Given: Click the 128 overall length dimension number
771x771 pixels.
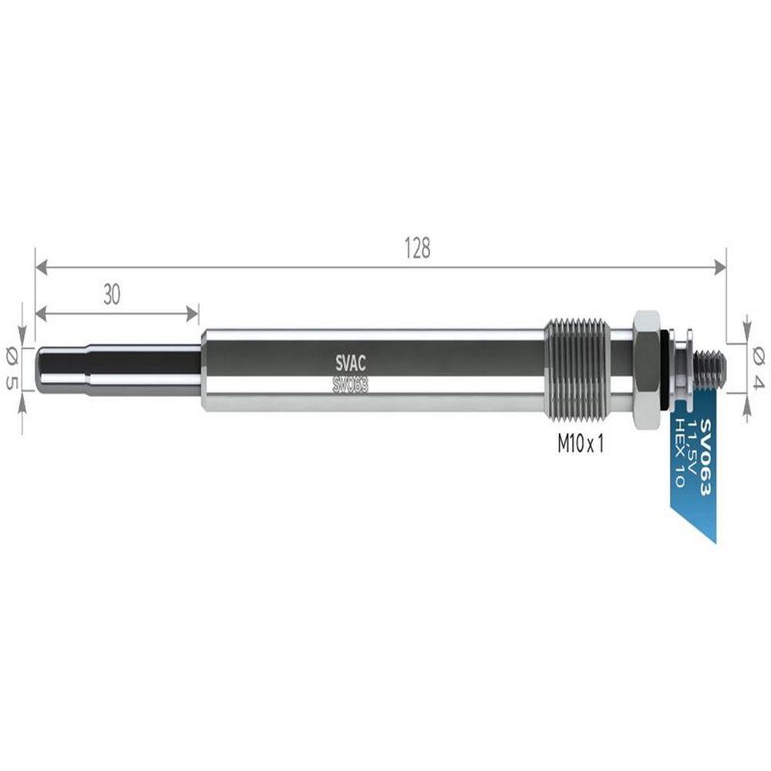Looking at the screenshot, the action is (417, 248).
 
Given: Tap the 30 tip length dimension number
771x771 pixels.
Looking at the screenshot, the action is (112, 295).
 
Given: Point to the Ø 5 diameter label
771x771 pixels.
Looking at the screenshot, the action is (12, 369).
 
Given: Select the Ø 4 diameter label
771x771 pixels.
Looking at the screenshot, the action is (758, 369).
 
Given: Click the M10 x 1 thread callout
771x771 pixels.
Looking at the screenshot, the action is (581, 445).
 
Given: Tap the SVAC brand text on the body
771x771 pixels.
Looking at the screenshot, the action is (350, 364).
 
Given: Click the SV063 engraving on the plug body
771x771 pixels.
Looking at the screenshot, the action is (350, 385).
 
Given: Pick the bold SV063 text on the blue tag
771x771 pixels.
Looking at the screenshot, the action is (705, 456).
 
